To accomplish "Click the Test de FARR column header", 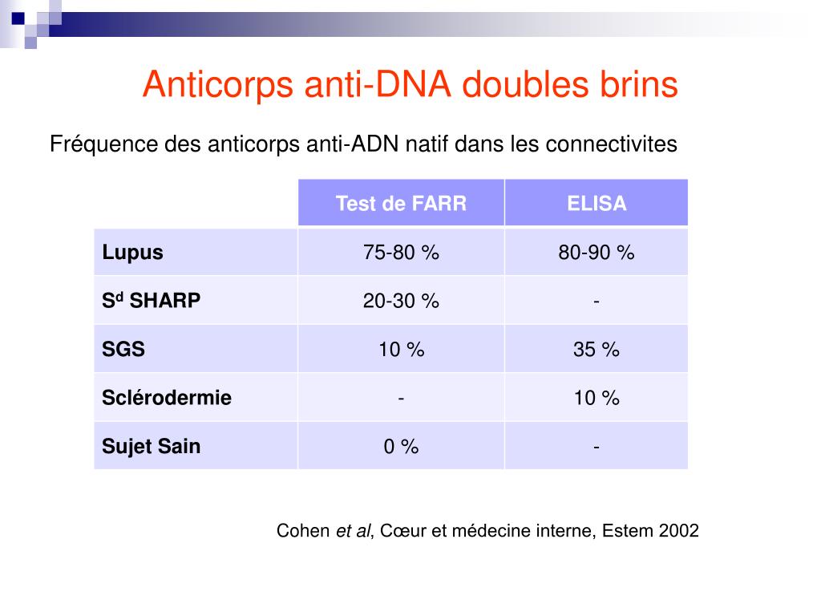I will pyautogui.click(x=401, y=204).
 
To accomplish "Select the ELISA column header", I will pyautogui.click(x=597, y=204).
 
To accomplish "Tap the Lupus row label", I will pyautogui.click(x=133, y=253).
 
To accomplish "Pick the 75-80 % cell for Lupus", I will pyautogui.click(x=401, y=253).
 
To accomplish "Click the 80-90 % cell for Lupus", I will pyautogui.click(x=597, y=253).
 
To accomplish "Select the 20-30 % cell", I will pyautogui.click(x=401, y=301).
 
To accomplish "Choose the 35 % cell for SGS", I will pyautogui.click(x=597, y=349).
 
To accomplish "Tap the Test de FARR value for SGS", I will pyautogui.click(x=401, y=349).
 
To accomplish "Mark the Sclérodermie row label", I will pyautogui.click(x=167, y=398).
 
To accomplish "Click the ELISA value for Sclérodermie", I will pyautogui.click(x=597, y=398).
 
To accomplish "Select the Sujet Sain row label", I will pyautogui.click(x=152, y=446).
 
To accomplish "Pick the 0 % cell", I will pyautogui.click(x=401, y=447).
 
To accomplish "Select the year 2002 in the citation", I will pyautogui.click(x=679, y=531).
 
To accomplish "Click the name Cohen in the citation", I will pyautogui.click(x=303, y=531).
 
